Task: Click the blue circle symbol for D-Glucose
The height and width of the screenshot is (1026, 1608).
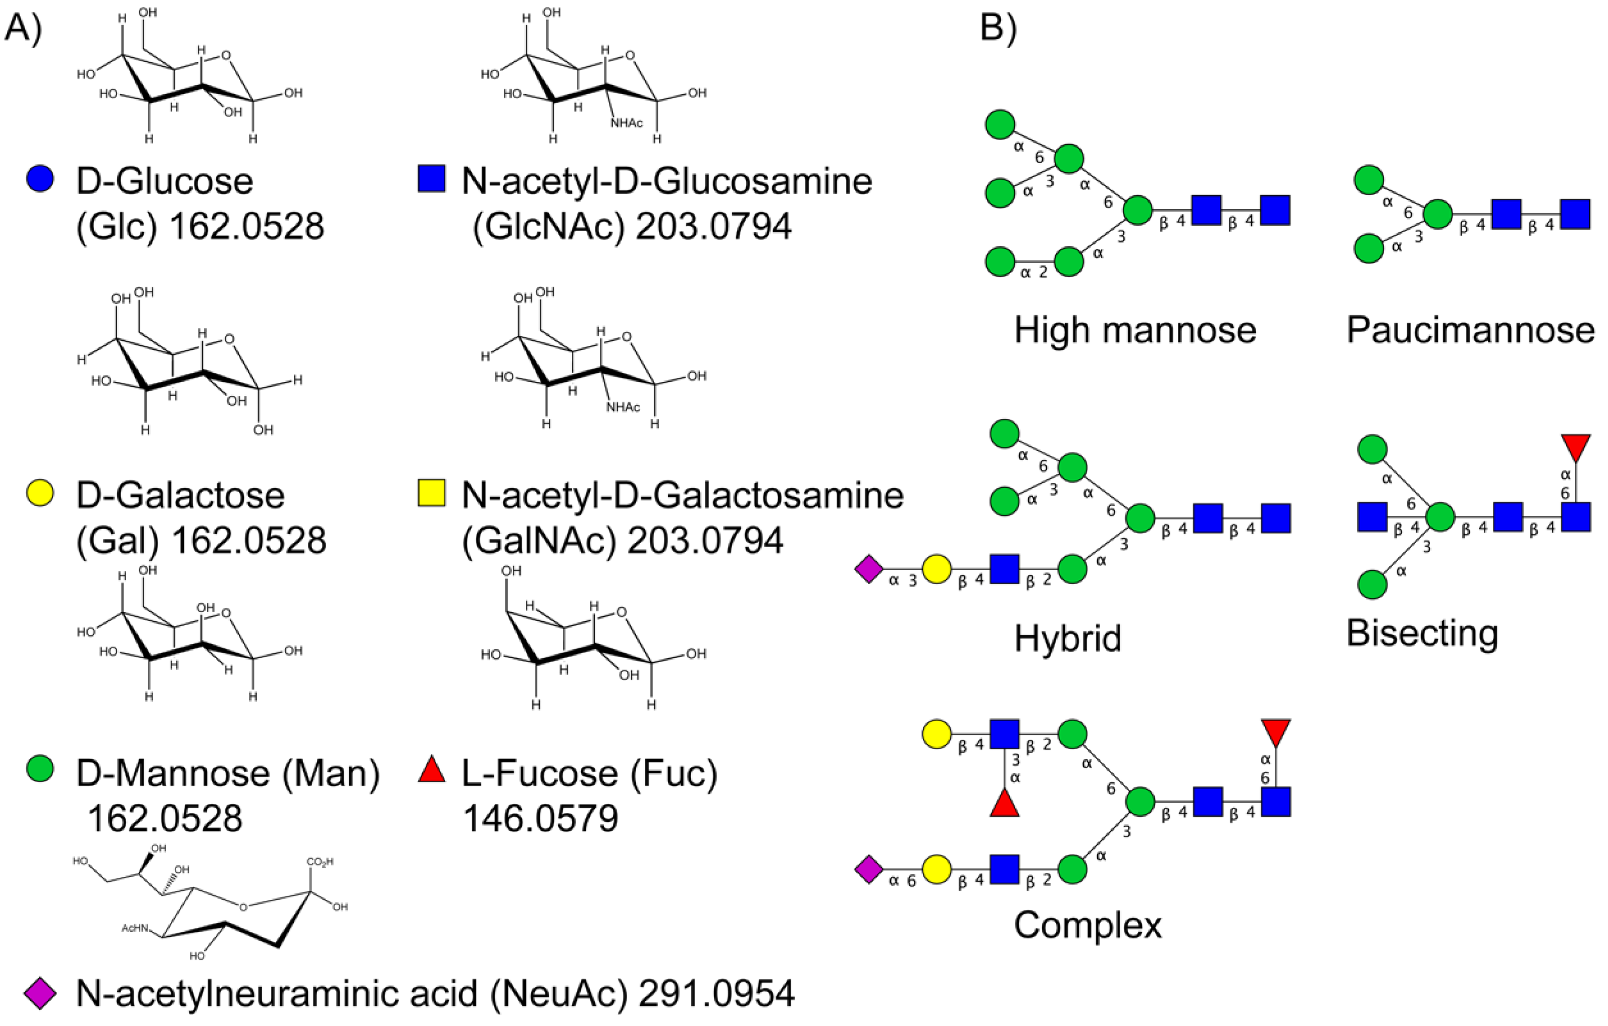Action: pos(40,180)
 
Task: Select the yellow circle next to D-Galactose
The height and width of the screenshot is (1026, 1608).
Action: pos(40,493)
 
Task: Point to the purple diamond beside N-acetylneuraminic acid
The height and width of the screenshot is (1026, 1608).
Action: pos(40,993)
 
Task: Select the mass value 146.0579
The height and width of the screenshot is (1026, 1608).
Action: pos(540,818)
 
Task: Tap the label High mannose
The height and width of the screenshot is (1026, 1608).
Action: pos(1135,330)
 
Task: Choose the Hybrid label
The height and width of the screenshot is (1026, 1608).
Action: pos(1067,638)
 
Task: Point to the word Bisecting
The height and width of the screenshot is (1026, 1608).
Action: pos(1422,633)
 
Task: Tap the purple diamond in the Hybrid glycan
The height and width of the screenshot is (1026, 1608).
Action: pos(869,570)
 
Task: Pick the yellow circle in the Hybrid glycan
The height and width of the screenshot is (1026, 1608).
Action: pos(936,570)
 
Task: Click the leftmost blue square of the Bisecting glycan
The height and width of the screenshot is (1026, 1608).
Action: pos(1372,518)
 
